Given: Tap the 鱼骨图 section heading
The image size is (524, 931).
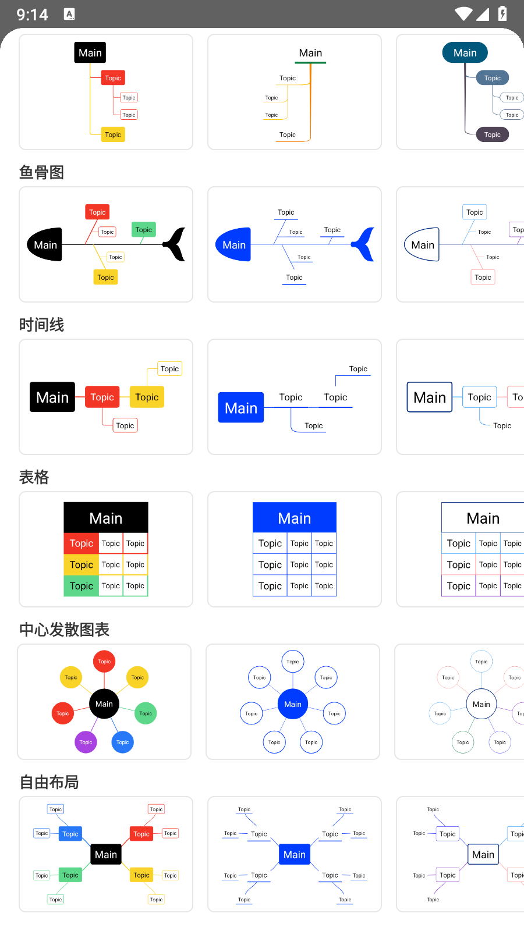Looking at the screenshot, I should (41, 172).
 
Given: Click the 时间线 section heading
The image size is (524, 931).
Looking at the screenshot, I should (41, 325).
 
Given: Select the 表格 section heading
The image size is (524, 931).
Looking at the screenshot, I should (34, 477).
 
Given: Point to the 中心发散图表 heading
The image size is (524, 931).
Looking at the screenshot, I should (64, 630).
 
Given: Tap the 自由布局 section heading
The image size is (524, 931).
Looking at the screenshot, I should (49, 782).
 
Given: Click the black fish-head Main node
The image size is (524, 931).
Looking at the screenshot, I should (45, 245).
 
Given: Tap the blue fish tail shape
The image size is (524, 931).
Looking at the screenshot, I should (364, 244).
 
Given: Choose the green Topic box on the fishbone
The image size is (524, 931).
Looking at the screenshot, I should (143, 230).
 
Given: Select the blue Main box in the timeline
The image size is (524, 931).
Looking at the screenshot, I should (241, 408).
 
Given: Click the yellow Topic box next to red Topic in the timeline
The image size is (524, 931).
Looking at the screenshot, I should (147, 397).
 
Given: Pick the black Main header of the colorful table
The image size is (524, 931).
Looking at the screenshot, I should (106, 518).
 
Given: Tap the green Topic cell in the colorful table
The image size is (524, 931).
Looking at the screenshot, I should (81, 586).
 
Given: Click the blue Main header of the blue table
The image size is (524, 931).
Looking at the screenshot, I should (295, 518).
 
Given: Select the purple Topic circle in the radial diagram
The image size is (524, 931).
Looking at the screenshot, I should (86, 742).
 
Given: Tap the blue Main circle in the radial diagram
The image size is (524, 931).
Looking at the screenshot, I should (293, 704).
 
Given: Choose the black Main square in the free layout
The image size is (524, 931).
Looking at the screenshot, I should (106, 854).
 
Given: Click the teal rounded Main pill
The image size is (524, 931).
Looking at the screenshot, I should (465, 53).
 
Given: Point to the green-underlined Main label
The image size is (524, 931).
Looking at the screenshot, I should (310, 54).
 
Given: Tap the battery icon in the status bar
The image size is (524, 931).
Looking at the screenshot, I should (502, 13).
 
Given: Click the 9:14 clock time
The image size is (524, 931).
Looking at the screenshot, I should (32, 15).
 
